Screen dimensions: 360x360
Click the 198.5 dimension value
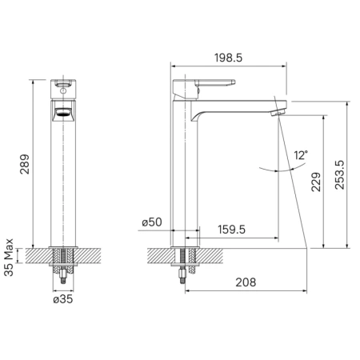pos(229,58)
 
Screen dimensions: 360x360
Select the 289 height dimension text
pos(25,164)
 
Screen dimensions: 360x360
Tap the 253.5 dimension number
pos(339,175)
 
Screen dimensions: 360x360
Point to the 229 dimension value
pos(316,182)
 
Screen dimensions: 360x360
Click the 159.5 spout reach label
pos(231,230)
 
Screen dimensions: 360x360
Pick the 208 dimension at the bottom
pos(246,282)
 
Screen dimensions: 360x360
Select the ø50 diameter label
pos(152,222)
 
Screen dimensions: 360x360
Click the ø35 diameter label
pos(63,299)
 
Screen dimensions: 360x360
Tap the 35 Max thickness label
pos(9,258)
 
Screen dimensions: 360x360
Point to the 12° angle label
pos(301,155)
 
